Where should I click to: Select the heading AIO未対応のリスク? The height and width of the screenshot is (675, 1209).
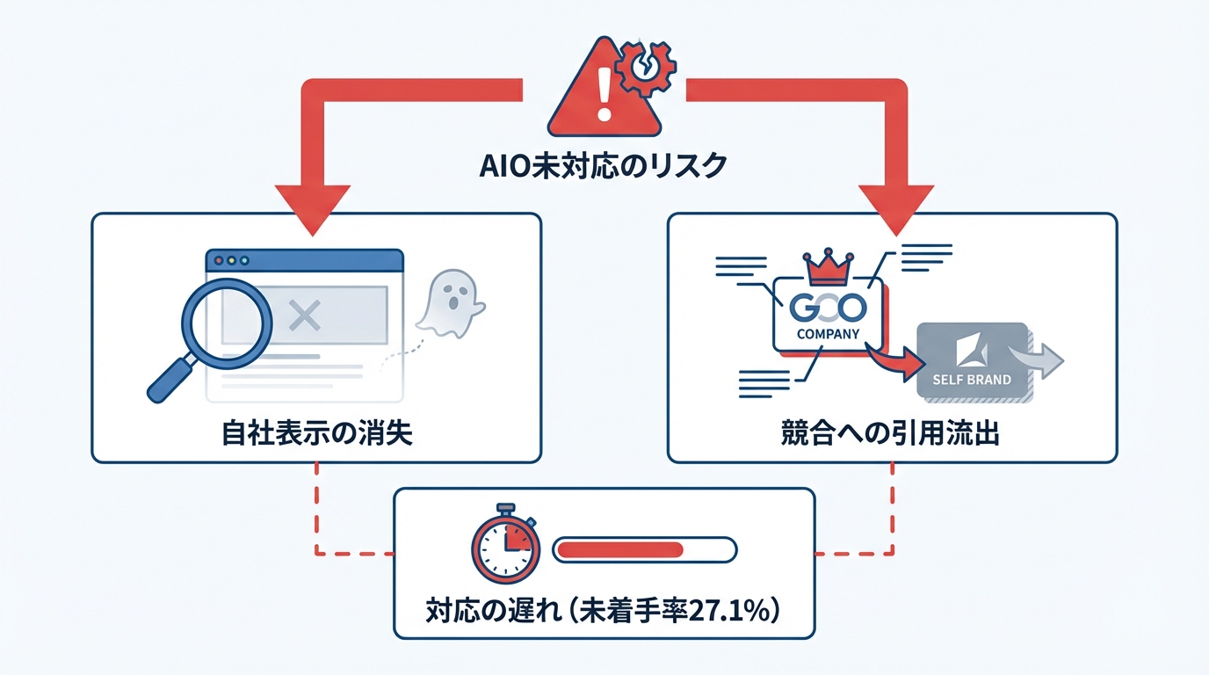[x=604, y=166]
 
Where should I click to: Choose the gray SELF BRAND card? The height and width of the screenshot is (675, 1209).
[x=971, y=360]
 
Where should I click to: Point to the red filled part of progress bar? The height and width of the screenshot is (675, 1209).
[x=620, y=549]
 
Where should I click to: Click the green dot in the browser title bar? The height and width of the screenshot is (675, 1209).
[x=245, y=261]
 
